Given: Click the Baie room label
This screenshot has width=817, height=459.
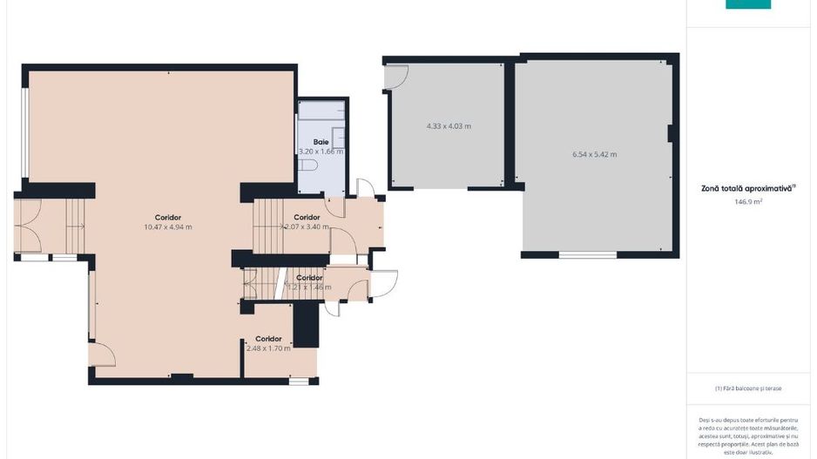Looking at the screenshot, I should (321, 142).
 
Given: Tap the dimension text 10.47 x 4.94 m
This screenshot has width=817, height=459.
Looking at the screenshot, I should (167, 227).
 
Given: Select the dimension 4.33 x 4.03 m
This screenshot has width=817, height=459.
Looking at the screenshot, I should (449, 126).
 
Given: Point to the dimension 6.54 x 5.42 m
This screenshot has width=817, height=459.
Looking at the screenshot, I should (594, 154).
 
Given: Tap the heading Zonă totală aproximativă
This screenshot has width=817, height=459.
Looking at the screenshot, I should (747, 187).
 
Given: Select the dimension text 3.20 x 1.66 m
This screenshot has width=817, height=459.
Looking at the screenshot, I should (321, 152).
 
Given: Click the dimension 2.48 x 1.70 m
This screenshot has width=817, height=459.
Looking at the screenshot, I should (268, 348).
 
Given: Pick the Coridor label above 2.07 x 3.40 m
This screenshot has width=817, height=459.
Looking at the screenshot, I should (307, 217).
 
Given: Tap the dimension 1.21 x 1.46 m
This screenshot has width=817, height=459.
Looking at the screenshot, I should (309, 287).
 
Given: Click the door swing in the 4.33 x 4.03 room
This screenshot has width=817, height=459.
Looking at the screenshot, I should (396, 78).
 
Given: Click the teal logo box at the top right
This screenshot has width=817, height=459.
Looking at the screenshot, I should (748, 4).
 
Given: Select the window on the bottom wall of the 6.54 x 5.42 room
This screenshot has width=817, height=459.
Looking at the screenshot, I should (587, 255).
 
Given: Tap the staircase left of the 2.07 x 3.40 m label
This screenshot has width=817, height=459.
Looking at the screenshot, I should (269, 226).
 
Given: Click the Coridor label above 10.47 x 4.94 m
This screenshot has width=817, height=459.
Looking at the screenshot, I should (167, 217).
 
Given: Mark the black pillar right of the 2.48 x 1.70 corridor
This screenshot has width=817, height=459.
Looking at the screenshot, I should (305, 324).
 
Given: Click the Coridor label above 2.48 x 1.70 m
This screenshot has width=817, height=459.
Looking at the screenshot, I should (268, 339).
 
